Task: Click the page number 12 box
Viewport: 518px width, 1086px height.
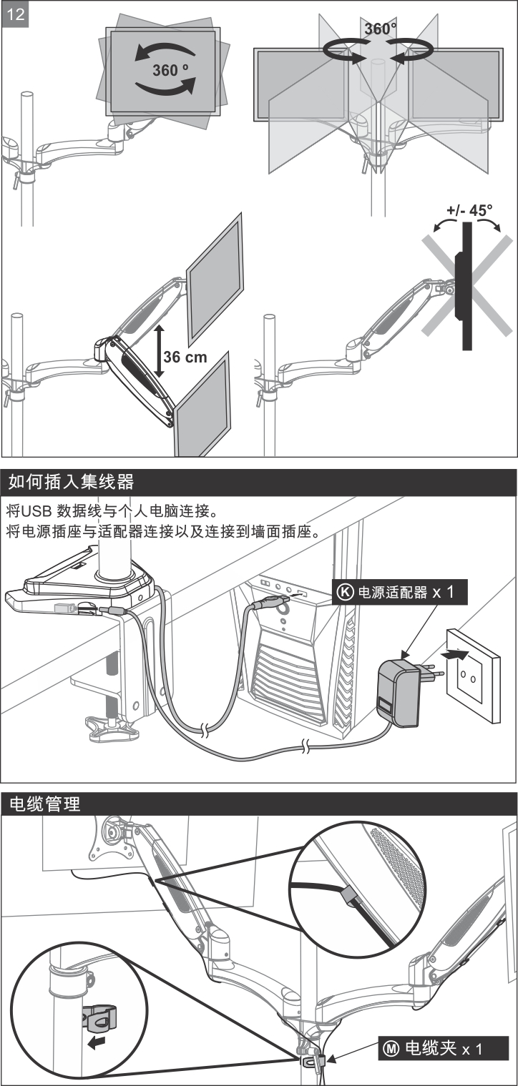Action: pos(16,16)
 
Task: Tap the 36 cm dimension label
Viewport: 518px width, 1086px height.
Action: pos(186,356)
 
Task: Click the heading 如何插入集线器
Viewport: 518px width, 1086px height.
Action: pos(72,481)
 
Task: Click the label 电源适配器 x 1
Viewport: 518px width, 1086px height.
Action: pos(405,592)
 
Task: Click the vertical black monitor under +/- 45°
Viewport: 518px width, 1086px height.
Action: pos(466,286)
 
